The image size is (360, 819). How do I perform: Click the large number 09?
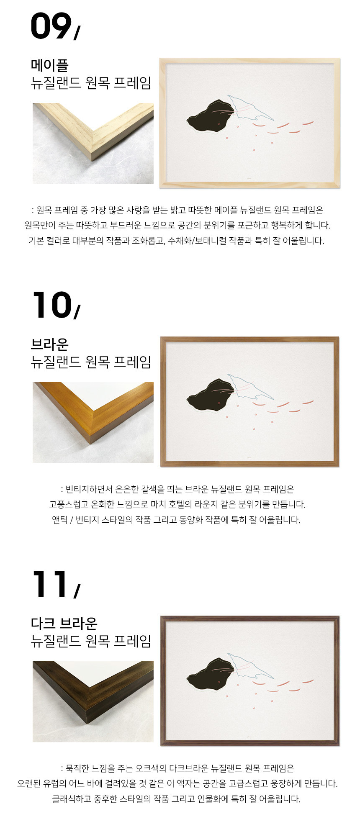(x=51, y=26)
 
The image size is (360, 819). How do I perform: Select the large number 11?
(x=49, y=584)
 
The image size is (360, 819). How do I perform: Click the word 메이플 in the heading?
(x=49, y=65)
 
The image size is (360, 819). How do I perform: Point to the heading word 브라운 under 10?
(x=49, y=344)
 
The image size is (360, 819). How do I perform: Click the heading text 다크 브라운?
(x=64, y=623)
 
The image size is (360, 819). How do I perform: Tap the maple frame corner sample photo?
(x=93, y=143)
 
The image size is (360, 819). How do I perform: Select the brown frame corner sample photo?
(x=93, y=422)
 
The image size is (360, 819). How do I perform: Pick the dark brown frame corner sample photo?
(x=93, y=701)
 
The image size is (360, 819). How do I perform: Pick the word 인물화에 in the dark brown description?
(x=232, y=798)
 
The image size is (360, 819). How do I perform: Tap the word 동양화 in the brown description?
(x=191, y=520)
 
